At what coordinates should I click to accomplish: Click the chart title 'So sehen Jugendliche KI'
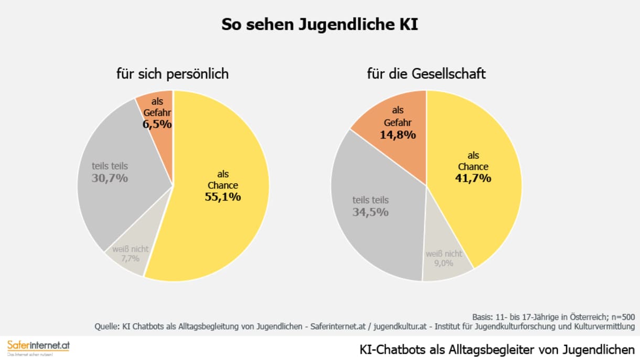pyautogui.click(x=319, y=25)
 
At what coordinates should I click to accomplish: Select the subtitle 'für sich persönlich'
pyautogui.click(x=173, y=74)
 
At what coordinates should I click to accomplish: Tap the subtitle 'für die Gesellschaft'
pyautogui.click(x=426, y=74)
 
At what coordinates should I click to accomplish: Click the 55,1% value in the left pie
pyautogui.click(x=222, y=197)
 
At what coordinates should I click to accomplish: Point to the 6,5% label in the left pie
pyautogui.click(x=157, y=124)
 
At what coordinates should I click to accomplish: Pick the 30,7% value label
pyautogui.click(x=110, y=178)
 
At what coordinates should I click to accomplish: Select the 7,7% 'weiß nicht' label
pyautogui.click(x=130, y=259)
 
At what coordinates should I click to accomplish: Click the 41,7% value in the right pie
pyautogui.click(x=473, y=178)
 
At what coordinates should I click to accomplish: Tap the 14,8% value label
pyautogui.click(x=398, y=135)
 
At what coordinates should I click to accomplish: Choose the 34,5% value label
pyautogui.click(x=370, y=212)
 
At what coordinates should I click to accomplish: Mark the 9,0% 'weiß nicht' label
pyautogui.click(x=444, y=263)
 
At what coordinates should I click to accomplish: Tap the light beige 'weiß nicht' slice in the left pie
pyautogui.click(x=126, y=265)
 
